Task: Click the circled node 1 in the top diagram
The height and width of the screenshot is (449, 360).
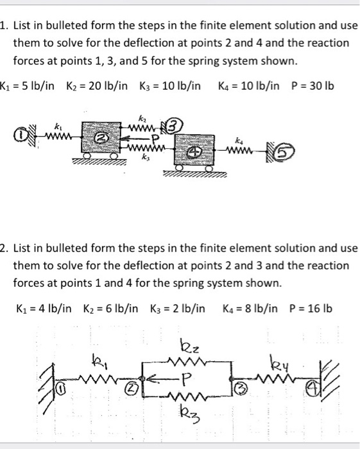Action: [23, 136]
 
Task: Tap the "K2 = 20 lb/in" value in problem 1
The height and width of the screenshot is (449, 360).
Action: [94, 86]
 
